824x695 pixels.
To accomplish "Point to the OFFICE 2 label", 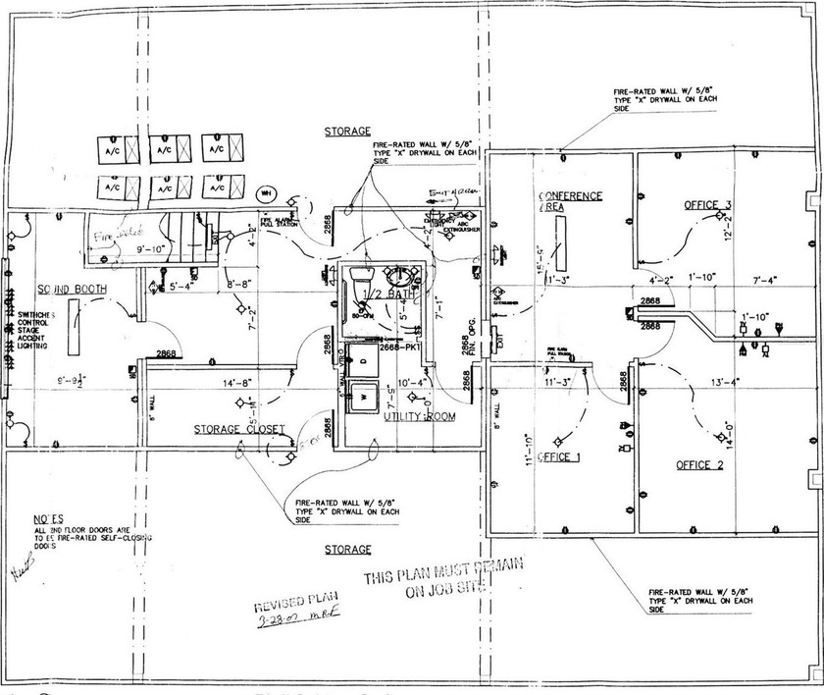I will click(699, 464).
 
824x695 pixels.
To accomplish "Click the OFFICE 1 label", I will click(560, 458).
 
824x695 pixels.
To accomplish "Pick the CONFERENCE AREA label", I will click(570, 201).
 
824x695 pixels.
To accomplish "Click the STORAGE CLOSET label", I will click(238, 430).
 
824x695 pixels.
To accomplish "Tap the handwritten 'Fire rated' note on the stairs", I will click(112, 236).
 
